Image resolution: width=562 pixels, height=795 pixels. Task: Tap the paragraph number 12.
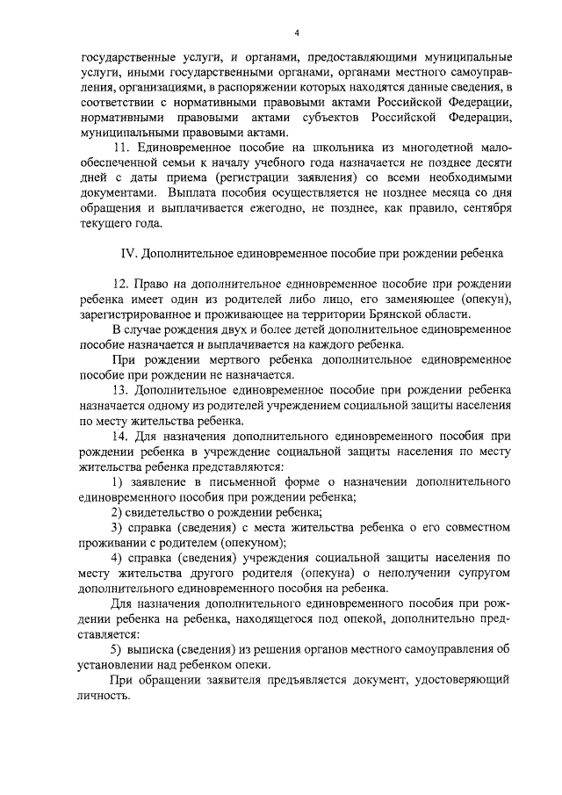coord(121,286)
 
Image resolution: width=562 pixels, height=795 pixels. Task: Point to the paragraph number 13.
coord(121,389)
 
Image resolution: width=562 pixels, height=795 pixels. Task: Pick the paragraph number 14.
coord(121,435)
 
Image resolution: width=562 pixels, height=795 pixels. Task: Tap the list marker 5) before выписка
coord(119,649)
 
